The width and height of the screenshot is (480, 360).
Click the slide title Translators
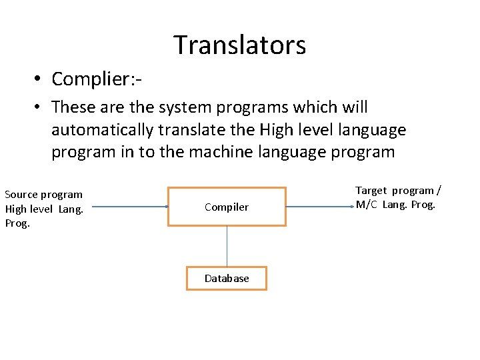pos(240,45)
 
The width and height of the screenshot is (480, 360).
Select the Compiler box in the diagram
pos(227,207)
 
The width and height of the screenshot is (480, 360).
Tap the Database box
pos(227,278)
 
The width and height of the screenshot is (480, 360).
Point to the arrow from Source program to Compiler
pos(130,207)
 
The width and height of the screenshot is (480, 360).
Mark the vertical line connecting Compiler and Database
pos(227,246)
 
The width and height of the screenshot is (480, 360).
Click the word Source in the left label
pos(21,195)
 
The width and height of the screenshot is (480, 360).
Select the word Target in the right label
pos(371,191)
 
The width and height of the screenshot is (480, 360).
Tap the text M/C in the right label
pos(367,205)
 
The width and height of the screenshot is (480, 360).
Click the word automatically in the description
pos(104,129)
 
